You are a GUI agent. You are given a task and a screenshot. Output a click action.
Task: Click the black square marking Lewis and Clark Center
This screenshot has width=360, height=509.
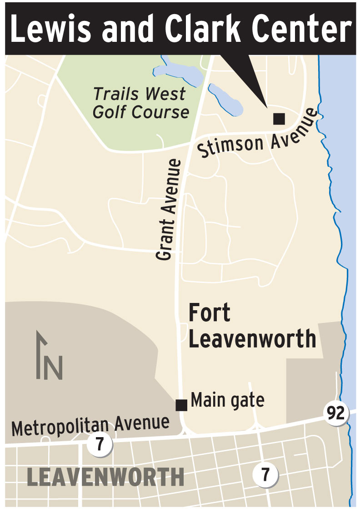(x=279, y=119)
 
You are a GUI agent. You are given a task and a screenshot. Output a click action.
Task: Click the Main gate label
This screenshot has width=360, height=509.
(x=227, y=400)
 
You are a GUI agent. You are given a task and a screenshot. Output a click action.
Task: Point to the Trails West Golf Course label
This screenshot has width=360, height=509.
(x=140, y=103)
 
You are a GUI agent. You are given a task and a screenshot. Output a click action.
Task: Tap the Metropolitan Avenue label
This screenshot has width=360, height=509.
(x=90, y=425)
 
